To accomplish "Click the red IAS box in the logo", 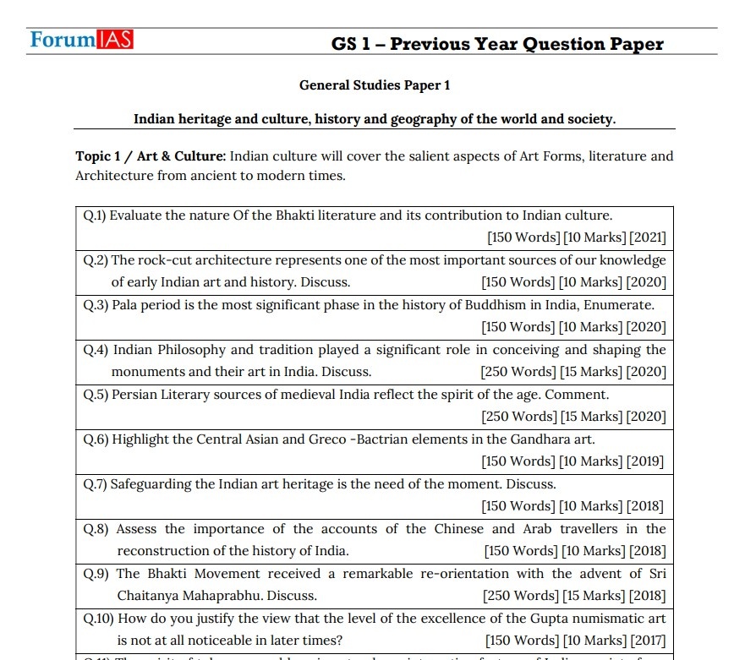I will (113, 39).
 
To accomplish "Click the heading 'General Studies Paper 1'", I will (375, 85).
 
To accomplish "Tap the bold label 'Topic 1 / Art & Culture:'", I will (151, 156).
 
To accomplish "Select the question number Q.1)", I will (95, 215).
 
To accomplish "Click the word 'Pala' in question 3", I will (126, 305).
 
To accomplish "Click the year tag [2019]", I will (644, 461).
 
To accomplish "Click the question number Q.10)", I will (98, 619).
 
